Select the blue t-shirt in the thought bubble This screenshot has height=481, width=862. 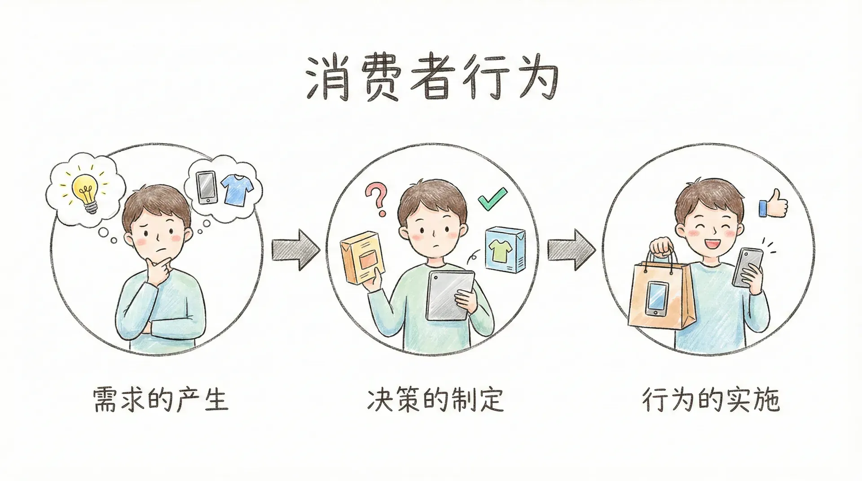(237, 190)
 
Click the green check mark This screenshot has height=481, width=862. (492, 200)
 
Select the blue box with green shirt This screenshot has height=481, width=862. (505, 249)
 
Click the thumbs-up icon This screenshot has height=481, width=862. (774, 205)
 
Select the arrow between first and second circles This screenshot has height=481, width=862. (296, 249)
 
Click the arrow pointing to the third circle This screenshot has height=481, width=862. (571, 249)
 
